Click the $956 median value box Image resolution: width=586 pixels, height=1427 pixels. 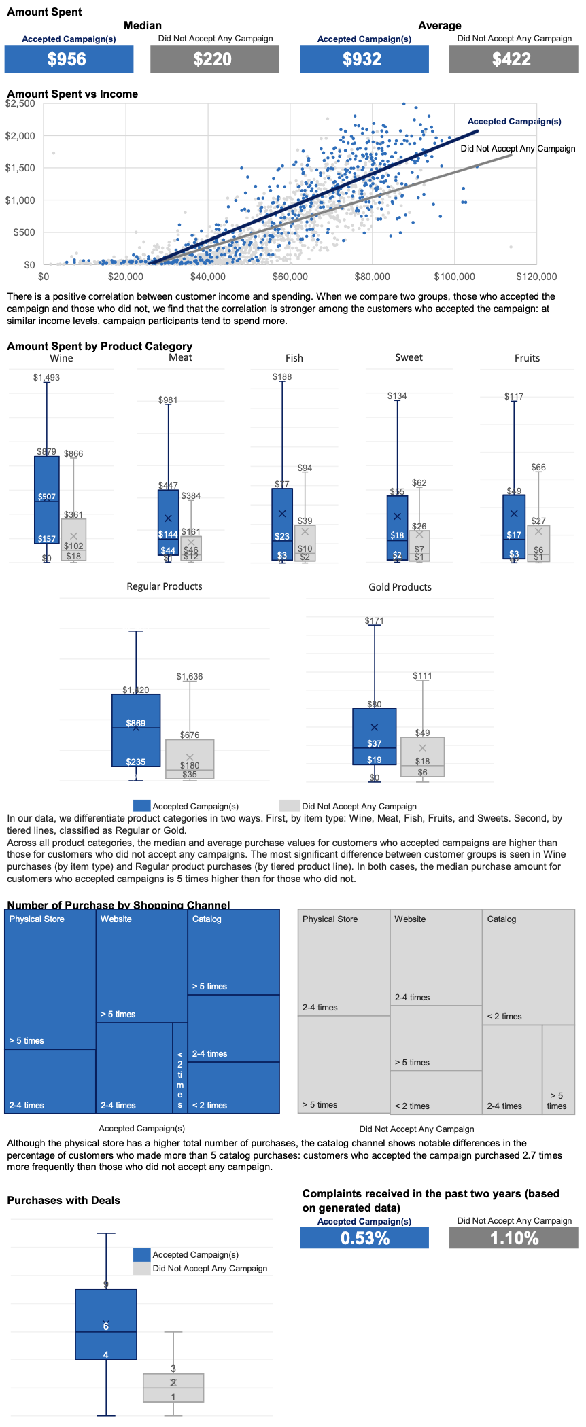69,59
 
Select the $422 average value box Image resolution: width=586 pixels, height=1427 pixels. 513,59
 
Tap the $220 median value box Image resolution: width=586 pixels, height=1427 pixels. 214,59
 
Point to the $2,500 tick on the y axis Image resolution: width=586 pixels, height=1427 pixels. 20,103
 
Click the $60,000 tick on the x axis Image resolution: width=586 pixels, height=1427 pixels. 290,277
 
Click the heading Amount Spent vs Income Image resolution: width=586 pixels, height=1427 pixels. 72,94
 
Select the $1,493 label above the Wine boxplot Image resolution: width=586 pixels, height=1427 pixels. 46,377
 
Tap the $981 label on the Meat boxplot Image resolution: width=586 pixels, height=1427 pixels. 168,400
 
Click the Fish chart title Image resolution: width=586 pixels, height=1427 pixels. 294,358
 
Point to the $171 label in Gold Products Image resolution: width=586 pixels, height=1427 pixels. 374,620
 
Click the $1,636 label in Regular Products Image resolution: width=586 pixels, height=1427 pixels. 190,676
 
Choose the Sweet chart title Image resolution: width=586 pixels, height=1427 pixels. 409,357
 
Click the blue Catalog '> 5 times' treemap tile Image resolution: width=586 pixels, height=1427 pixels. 233,952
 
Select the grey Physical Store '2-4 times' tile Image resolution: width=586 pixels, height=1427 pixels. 344,963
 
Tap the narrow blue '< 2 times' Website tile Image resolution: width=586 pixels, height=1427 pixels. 179,1068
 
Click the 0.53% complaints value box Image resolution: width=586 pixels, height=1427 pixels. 364,1238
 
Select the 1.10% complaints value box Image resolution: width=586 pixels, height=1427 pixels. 513,1238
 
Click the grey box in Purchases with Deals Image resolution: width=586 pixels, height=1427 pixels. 173,1387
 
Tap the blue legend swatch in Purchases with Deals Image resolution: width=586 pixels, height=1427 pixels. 141,1254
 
